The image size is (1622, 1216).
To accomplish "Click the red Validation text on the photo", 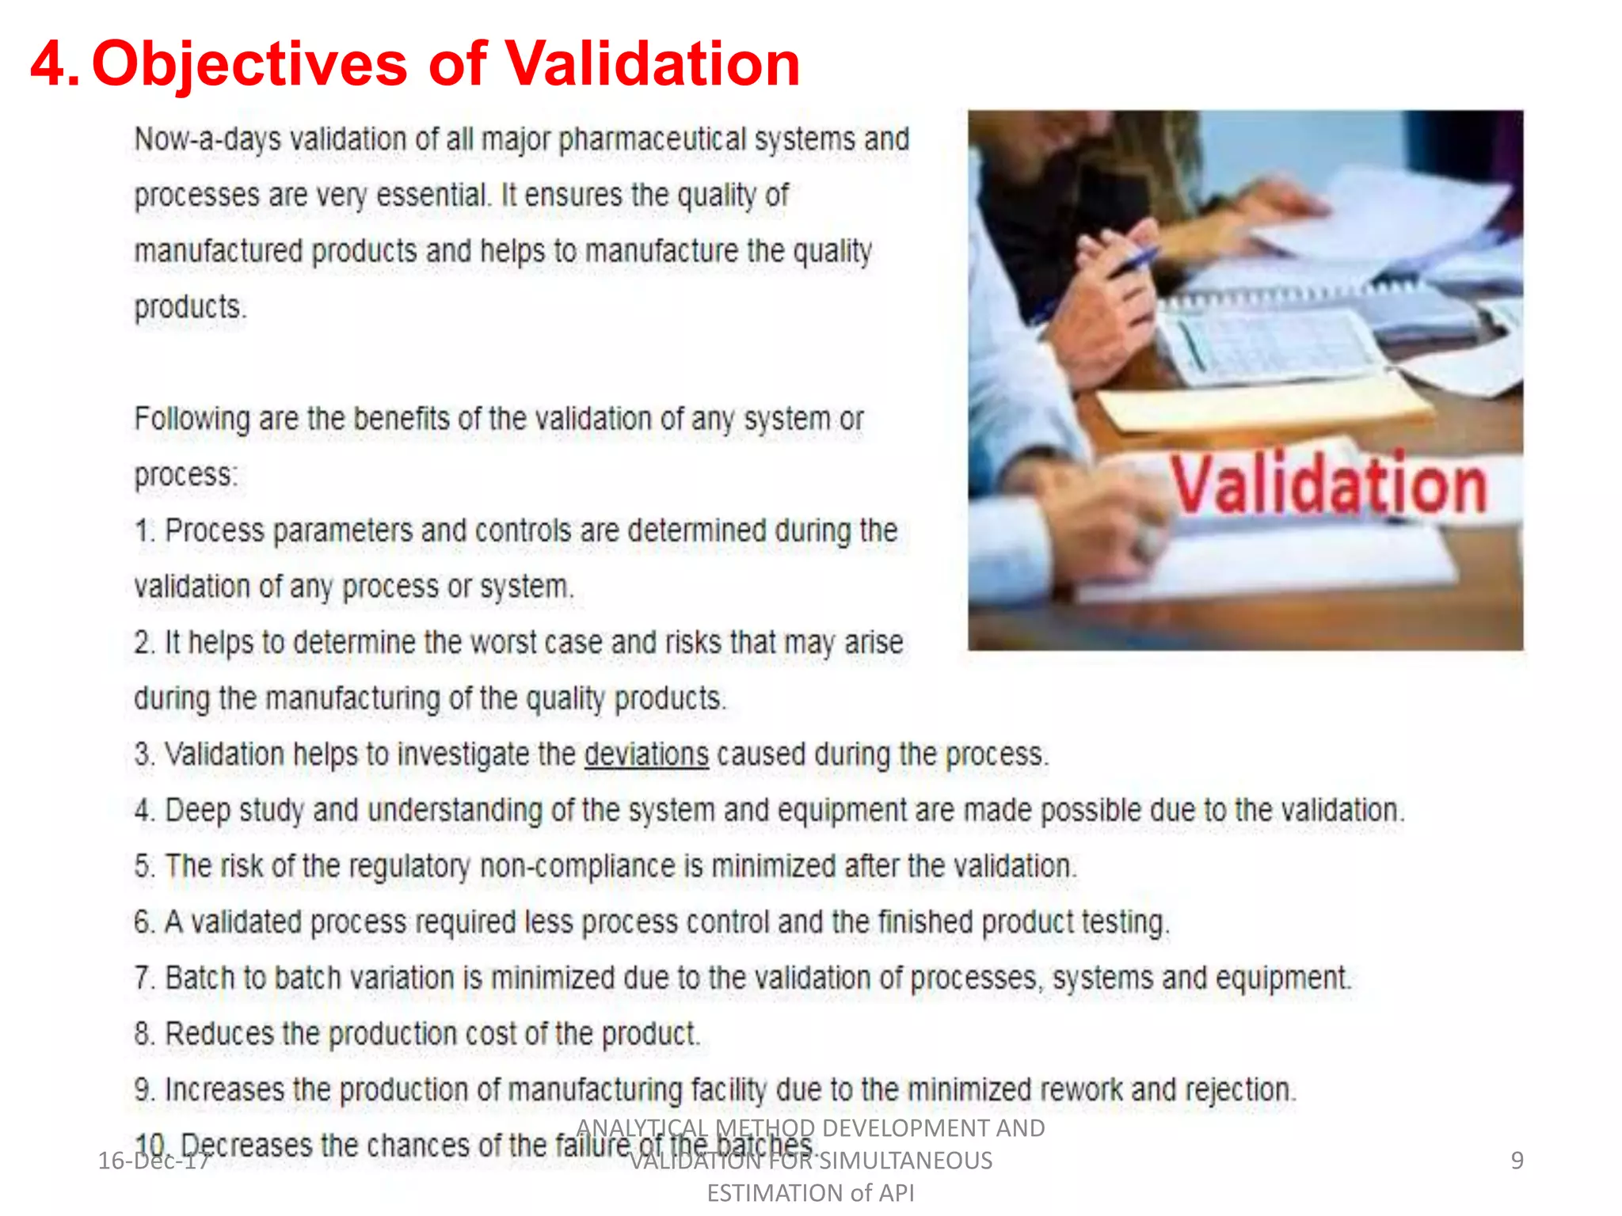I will (x=1328, y=484).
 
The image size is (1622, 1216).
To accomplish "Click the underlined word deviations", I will (x=646, y=754).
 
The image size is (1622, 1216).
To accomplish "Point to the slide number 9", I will (x=1517, y=1161).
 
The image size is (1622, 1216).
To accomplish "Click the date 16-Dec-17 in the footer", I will (x=152, y=1161).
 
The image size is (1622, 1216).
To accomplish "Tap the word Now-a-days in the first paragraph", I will (x=208, y=140).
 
